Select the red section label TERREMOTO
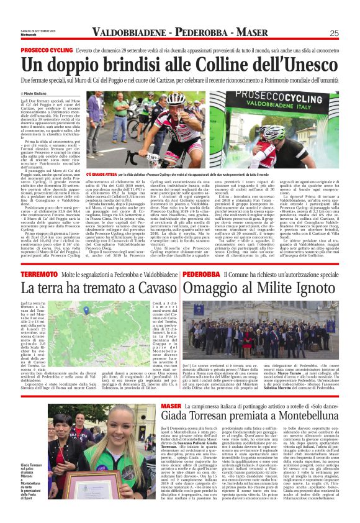click(x=38, y=274)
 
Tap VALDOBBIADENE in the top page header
click(x=130, y=33)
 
